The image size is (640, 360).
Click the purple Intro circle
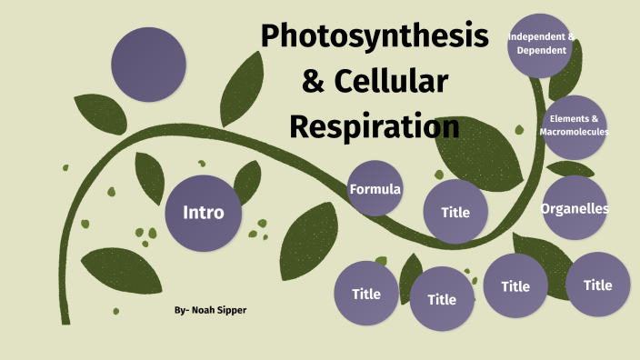(203, 213)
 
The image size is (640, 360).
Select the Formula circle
(375, 188)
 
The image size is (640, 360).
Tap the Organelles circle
(575, 208)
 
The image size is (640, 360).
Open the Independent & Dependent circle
(542, 44)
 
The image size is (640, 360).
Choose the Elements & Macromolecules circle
(574, 126)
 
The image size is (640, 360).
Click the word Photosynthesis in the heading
(374, 37)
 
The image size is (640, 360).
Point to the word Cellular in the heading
(393, 82)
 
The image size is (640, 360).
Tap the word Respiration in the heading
(374, 125)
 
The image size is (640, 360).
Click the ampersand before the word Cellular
(312, 82)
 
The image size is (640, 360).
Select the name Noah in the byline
(205, 310)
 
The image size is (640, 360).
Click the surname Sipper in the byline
(233, 310)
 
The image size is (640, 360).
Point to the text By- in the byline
(181, 310)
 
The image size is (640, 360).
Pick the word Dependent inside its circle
(542, 50)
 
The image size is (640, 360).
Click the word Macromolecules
(574, 132)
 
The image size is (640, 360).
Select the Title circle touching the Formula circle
(455, 212)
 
